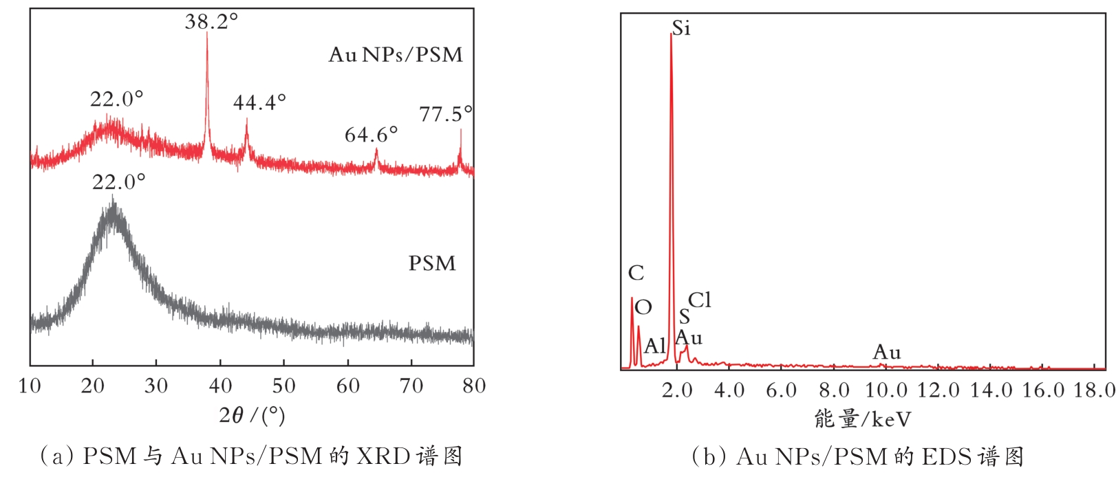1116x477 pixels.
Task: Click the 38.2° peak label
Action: coord(211,22)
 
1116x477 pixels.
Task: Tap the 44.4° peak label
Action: coord(259,103)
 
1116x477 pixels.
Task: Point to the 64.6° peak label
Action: coord(371,135)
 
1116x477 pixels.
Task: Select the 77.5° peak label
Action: coord(446,114)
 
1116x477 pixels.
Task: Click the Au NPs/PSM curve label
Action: coord(395,55)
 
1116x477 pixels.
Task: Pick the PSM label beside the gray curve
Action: coord(432,264)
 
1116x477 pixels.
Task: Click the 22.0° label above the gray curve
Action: coord(118,182)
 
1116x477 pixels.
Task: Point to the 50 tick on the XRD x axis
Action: coord(284,386)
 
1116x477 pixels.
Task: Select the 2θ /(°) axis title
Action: coord(252,415)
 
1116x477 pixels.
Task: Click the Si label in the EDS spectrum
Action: coord(680,28)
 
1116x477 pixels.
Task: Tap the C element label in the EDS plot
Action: coord(636,274)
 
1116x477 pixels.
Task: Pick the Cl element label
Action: coord(700,300)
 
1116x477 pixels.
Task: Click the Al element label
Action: coord(654,346)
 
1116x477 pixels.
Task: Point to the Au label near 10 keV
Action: coord(887,353)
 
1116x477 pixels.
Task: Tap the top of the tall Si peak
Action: coord(671,34)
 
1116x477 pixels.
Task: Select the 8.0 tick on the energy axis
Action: coord(833,391)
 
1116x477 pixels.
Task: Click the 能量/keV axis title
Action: coord(862,419)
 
